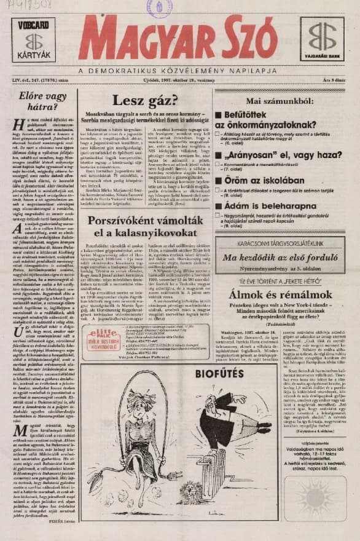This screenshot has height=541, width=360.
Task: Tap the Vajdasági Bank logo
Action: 322,39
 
